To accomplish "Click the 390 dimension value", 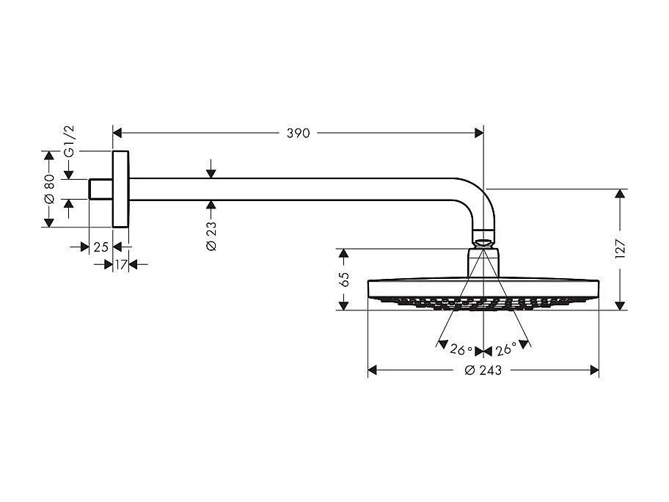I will [x=299, y=134].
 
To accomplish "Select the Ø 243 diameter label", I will [x=483, y=371].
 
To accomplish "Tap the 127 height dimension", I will [x=621, y=250].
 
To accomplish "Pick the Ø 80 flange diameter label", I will [x=49, y=189].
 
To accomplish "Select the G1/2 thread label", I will [x=70, y=140].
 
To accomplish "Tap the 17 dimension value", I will [x=121, y=263].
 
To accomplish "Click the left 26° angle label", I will [x=461, y=350].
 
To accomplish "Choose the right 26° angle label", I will [x=505, y=350].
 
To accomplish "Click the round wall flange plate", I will [x=121, y=189].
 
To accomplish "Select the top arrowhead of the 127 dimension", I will [x=621, y=194].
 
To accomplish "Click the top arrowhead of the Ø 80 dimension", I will [x=49, y=156].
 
